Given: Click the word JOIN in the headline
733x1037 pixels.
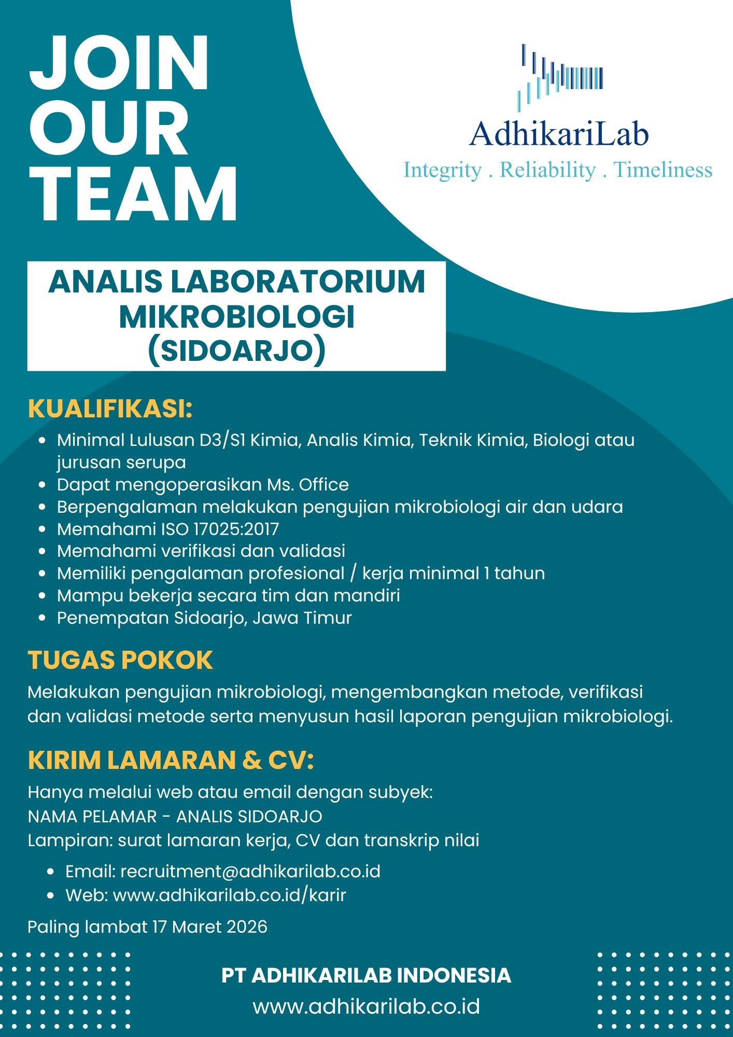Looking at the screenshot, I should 119,63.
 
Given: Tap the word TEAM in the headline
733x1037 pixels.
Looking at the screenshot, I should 133,194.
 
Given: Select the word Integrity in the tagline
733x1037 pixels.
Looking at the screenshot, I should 442,170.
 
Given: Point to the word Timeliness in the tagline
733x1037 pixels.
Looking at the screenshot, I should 663,170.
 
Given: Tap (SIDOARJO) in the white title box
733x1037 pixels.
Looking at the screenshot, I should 236,351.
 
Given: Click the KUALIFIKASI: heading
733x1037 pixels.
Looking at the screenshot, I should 110,409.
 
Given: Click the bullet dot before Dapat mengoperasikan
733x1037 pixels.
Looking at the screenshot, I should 44,485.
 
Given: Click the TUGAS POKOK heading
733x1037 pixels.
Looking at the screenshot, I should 120,660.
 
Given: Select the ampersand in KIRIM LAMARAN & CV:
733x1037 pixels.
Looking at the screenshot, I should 251,760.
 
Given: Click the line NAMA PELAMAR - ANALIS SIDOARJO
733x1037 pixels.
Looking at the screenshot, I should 175,817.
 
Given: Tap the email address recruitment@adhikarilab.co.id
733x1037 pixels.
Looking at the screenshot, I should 250,872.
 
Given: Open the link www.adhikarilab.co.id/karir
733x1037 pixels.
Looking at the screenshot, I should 229,895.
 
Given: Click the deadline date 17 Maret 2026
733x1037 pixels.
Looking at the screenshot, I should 209,927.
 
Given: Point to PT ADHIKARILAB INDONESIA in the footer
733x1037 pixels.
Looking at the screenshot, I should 366,975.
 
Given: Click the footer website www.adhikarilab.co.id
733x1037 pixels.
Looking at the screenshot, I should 366,1007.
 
